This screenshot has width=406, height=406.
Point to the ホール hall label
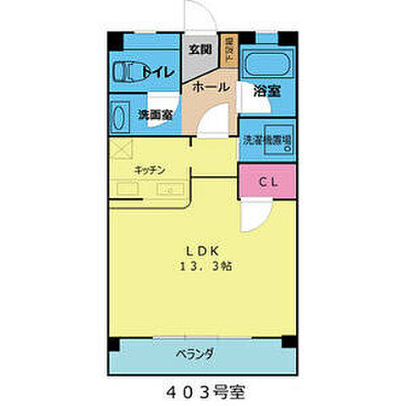[x=209, y=87]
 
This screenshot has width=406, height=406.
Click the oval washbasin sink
[x=118, y=117]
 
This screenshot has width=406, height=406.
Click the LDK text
[x=204, y=250]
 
